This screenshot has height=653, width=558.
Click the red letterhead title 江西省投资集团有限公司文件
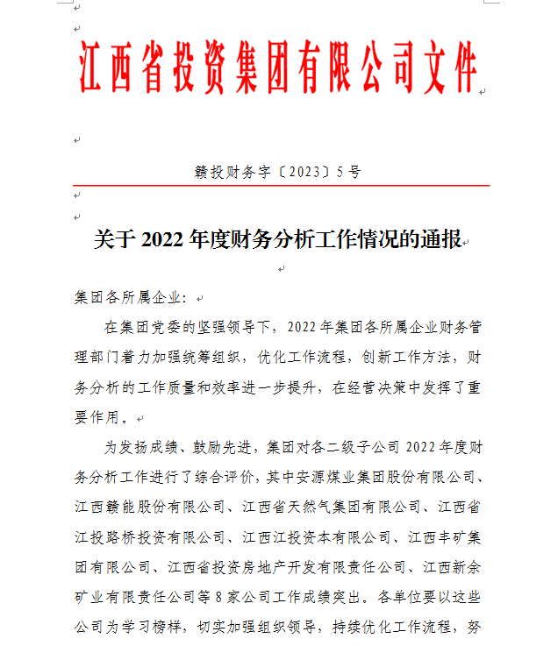[x=279, y=67]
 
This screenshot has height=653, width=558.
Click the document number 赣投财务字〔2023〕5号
[x=277, y=173]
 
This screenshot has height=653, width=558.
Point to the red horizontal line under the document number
[x=279, y=186]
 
